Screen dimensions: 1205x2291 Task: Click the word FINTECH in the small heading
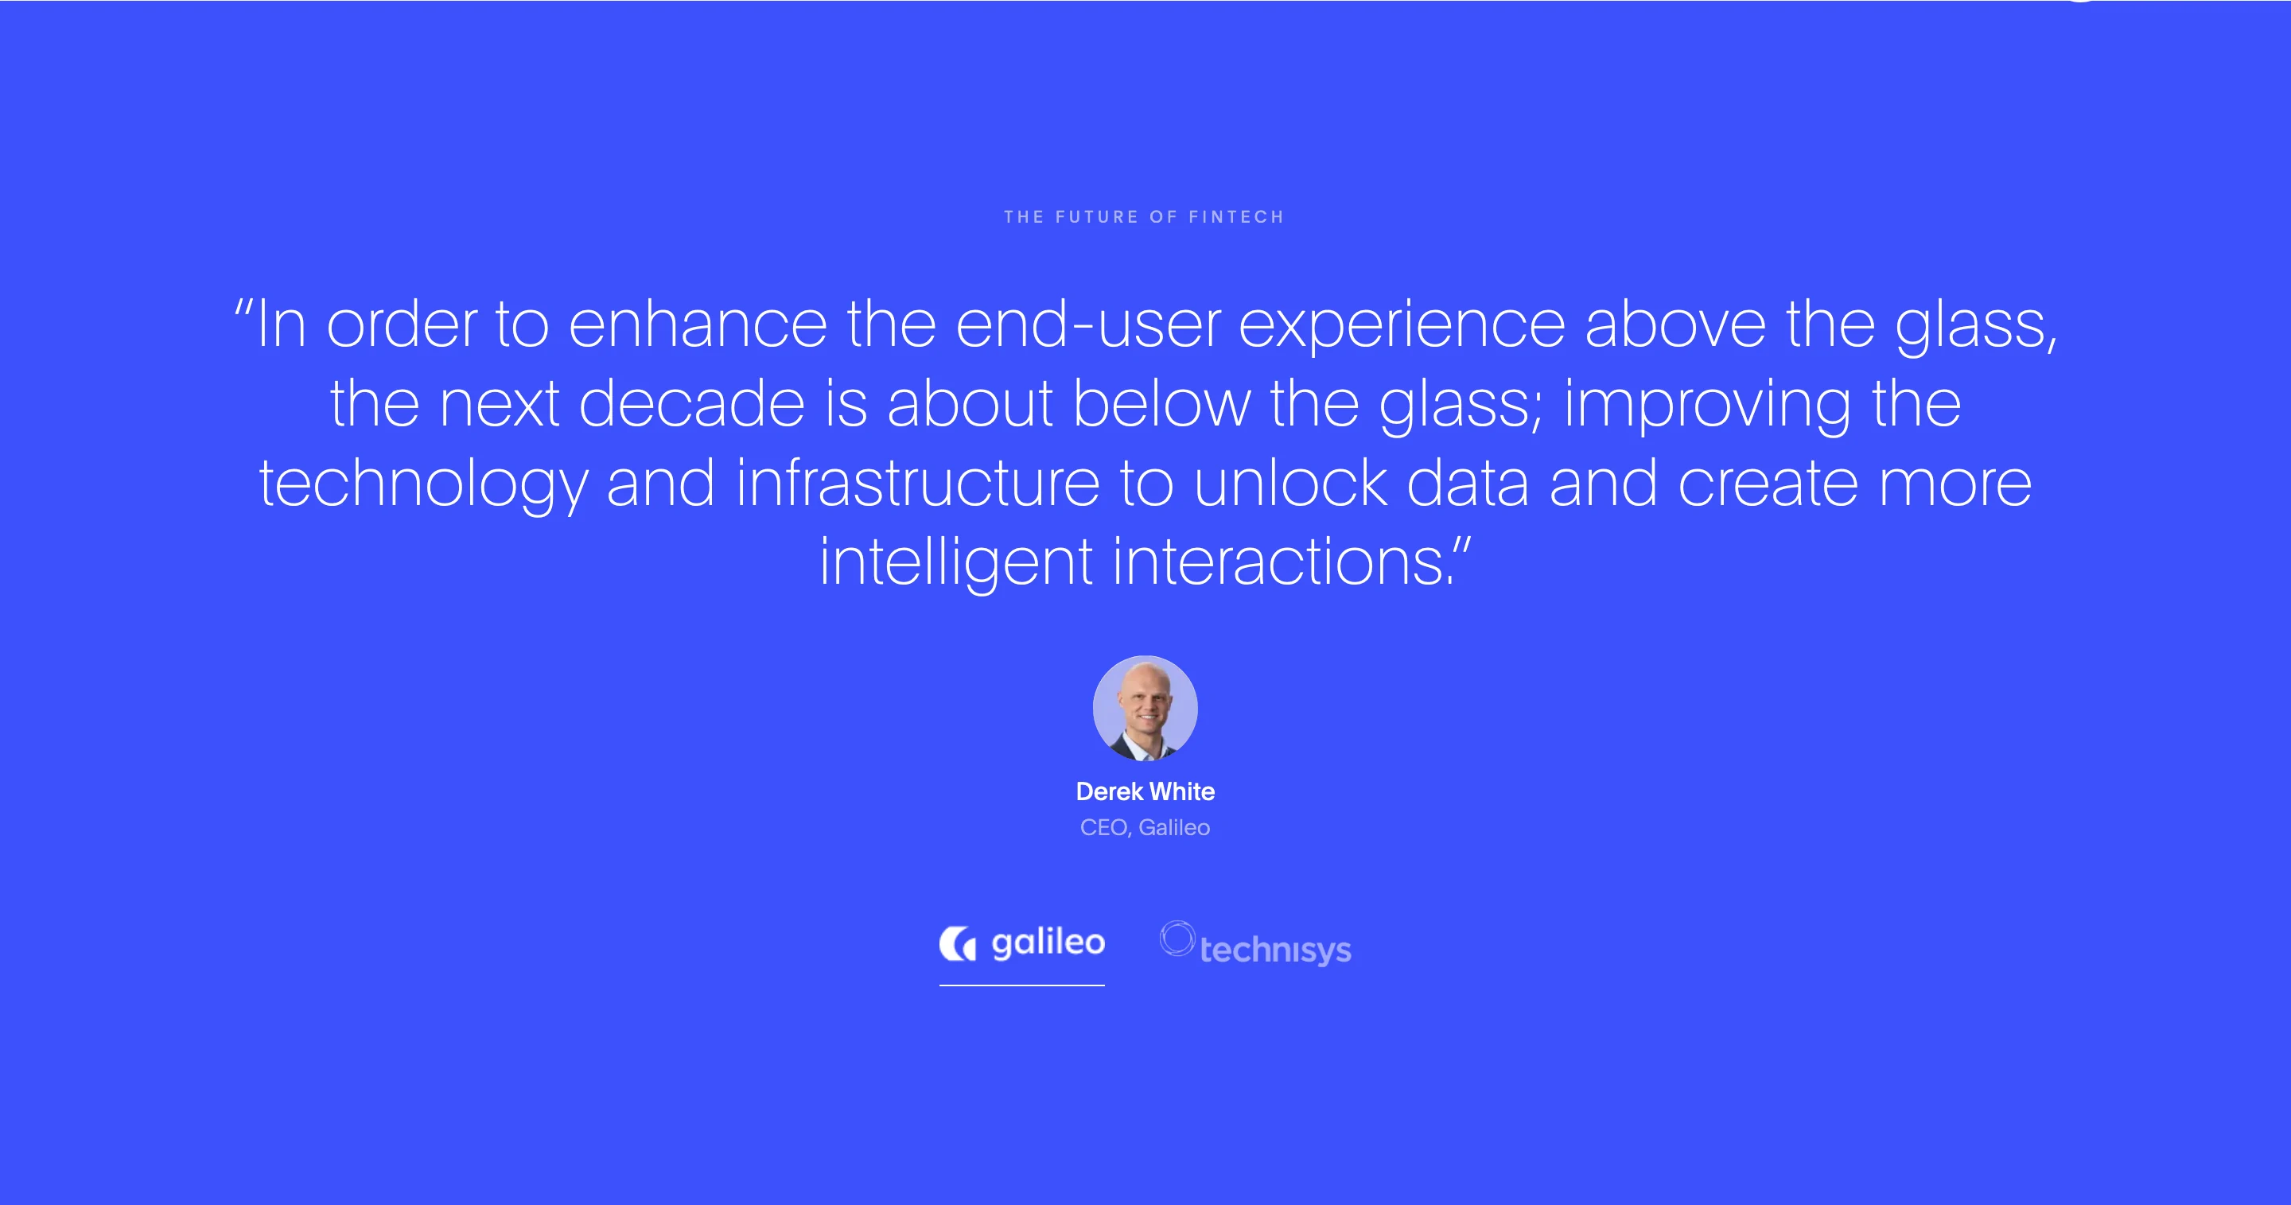pos(1236,217)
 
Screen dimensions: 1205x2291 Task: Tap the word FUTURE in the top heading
pos(1097,217)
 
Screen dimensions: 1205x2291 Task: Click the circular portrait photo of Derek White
pos(1145,708)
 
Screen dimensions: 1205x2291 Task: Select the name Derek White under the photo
pos(1145,791)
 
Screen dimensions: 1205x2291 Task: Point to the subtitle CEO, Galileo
pos(1145,828)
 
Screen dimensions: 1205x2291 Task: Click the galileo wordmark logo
pos(1048,943)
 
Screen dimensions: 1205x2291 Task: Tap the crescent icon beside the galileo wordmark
pos(957,943)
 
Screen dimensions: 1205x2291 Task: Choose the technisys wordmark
pos(1275,950)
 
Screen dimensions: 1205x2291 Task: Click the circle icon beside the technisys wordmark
pos(1177,939)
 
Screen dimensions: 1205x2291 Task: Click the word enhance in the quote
pos(698,325)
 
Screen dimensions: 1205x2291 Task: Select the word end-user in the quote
pos(1087,325)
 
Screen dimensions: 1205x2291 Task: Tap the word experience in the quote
pos(1402,327)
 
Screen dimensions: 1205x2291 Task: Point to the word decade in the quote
pos(692,405)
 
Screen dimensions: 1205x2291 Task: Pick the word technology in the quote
pos(423,485)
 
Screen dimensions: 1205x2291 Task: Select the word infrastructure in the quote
pos(918,484)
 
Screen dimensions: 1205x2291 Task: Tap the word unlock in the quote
pos(1290,484)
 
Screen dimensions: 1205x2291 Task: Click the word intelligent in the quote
pos(956,564)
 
